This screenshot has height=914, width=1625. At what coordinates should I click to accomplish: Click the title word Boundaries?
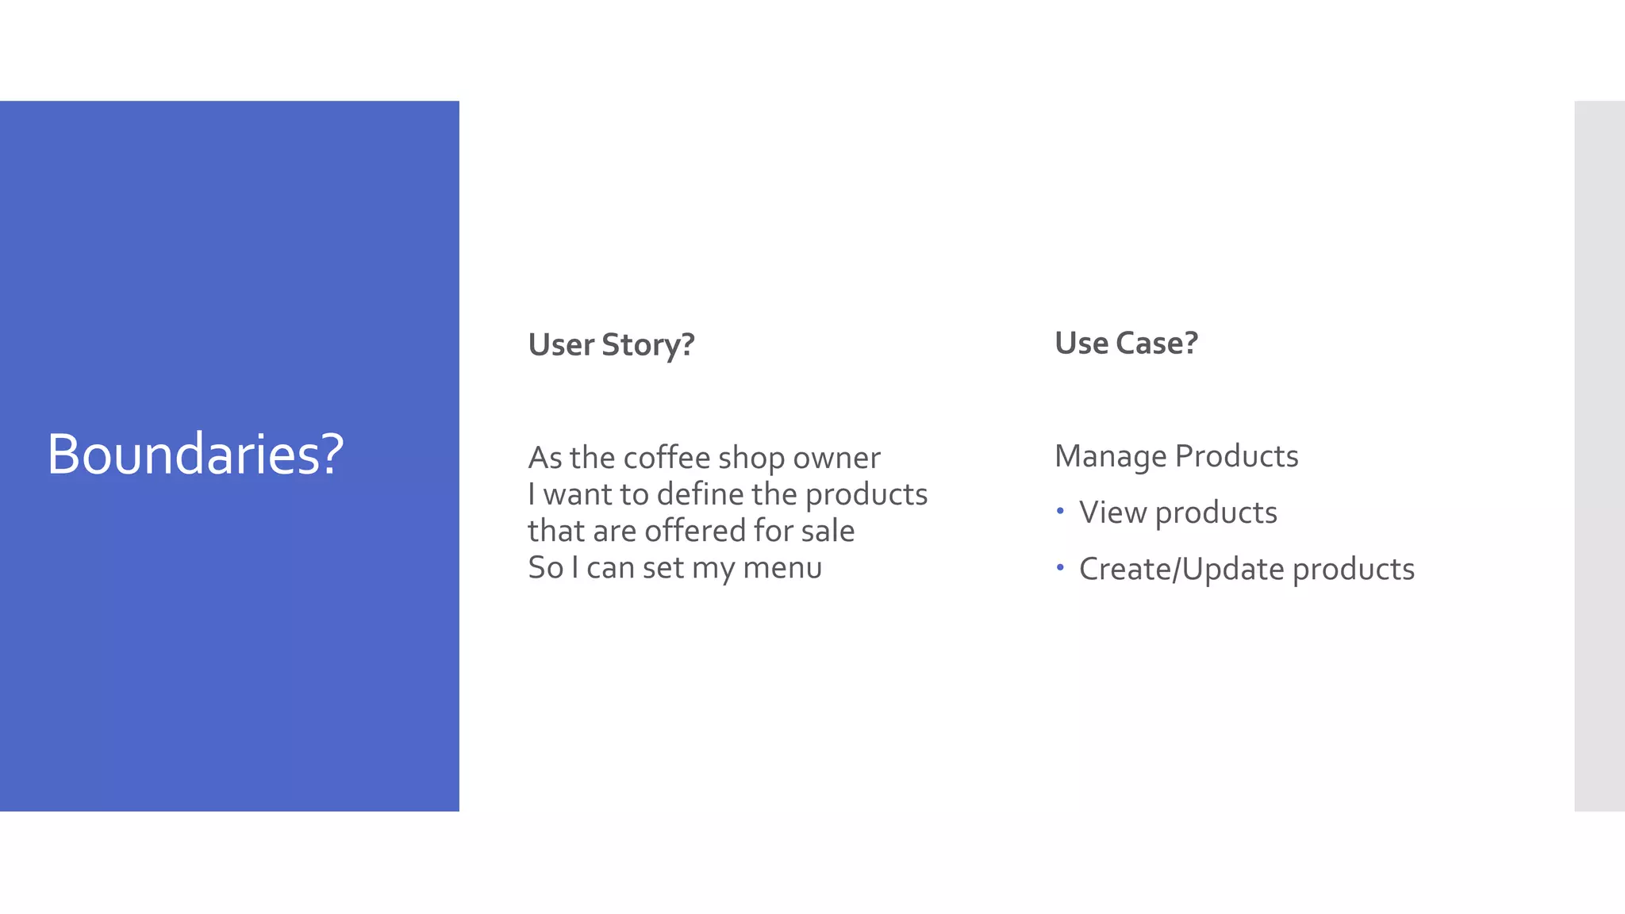(195, 455)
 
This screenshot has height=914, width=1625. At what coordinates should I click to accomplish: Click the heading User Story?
(611, 345)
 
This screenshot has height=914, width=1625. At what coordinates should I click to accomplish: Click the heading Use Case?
(1125, 344)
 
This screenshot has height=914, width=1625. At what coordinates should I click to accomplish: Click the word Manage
(1110, 457)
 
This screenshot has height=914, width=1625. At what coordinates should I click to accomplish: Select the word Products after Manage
(1236, 456)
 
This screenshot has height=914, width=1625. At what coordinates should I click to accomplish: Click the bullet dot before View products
(1060, 512)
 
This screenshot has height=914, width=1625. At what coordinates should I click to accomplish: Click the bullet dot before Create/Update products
(1060, 568)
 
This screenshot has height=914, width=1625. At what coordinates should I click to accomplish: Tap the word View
(1112, 513)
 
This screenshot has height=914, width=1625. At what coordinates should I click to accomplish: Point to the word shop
(751, 459)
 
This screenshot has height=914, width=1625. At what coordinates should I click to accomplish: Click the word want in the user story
(578, 495)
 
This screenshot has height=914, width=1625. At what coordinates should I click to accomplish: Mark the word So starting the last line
(545, 568)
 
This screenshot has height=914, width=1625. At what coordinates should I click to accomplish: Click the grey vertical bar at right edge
(1599, 455)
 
